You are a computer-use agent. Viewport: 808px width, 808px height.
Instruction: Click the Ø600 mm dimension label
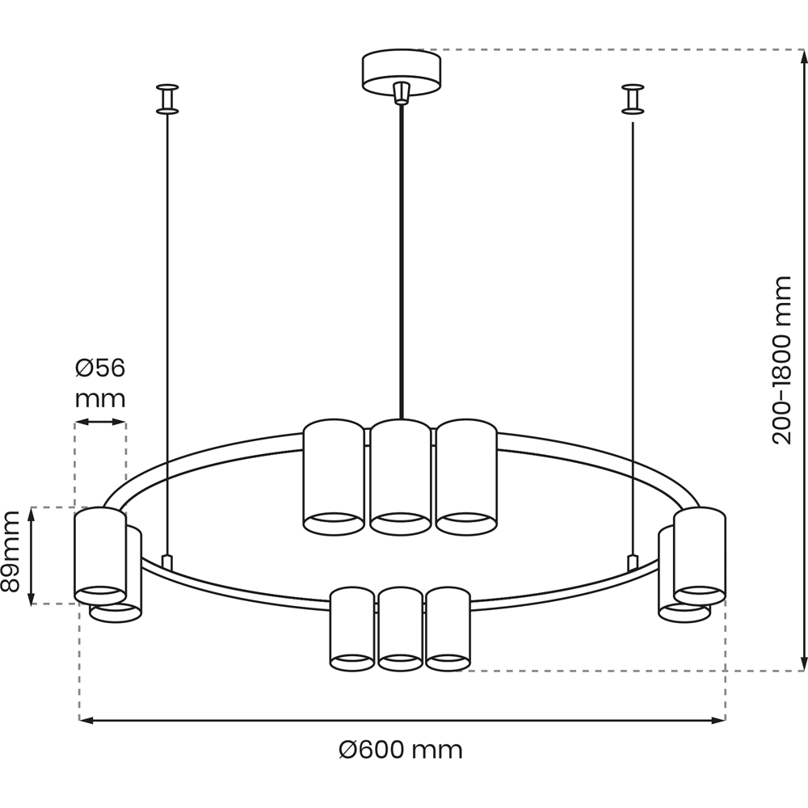[x=401, y=750]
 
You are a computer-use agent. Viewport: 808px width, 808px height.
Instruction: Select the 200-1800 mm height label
[x=781, y=360]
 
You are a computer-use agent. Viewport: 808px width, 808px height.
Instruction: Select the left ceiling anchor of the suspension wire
[x=167, y=99]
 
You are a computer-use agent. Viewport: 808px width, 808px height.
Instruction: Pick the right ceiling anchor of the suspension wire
[x=633, y=99]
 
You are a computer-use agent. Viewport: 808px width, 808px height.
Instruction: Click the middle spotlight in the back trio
[x=401, y=477]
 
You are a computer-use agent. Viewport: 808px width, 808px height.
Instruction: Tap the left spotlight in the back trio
[x=334, y=477]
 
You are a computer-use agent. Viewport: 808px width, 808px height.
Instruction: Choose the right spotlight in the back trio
[x=466, y=477]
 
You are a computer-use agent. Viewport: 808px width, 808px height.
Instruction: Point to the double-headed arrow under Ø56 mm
[x=100, y=422]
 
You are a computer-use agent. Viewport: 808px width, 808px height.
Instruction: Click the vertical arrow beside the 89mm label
[x=32, y=556]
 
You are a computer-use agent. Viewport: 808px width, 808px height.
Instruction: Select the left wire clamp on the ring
[x=167, y=562]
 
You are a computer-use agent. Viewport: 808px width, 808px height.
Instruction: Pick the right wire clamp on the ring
[x=633, y=562]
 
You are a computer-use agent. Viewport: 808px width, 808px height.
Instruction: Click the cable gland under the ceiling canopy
[x=402, y=93]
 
